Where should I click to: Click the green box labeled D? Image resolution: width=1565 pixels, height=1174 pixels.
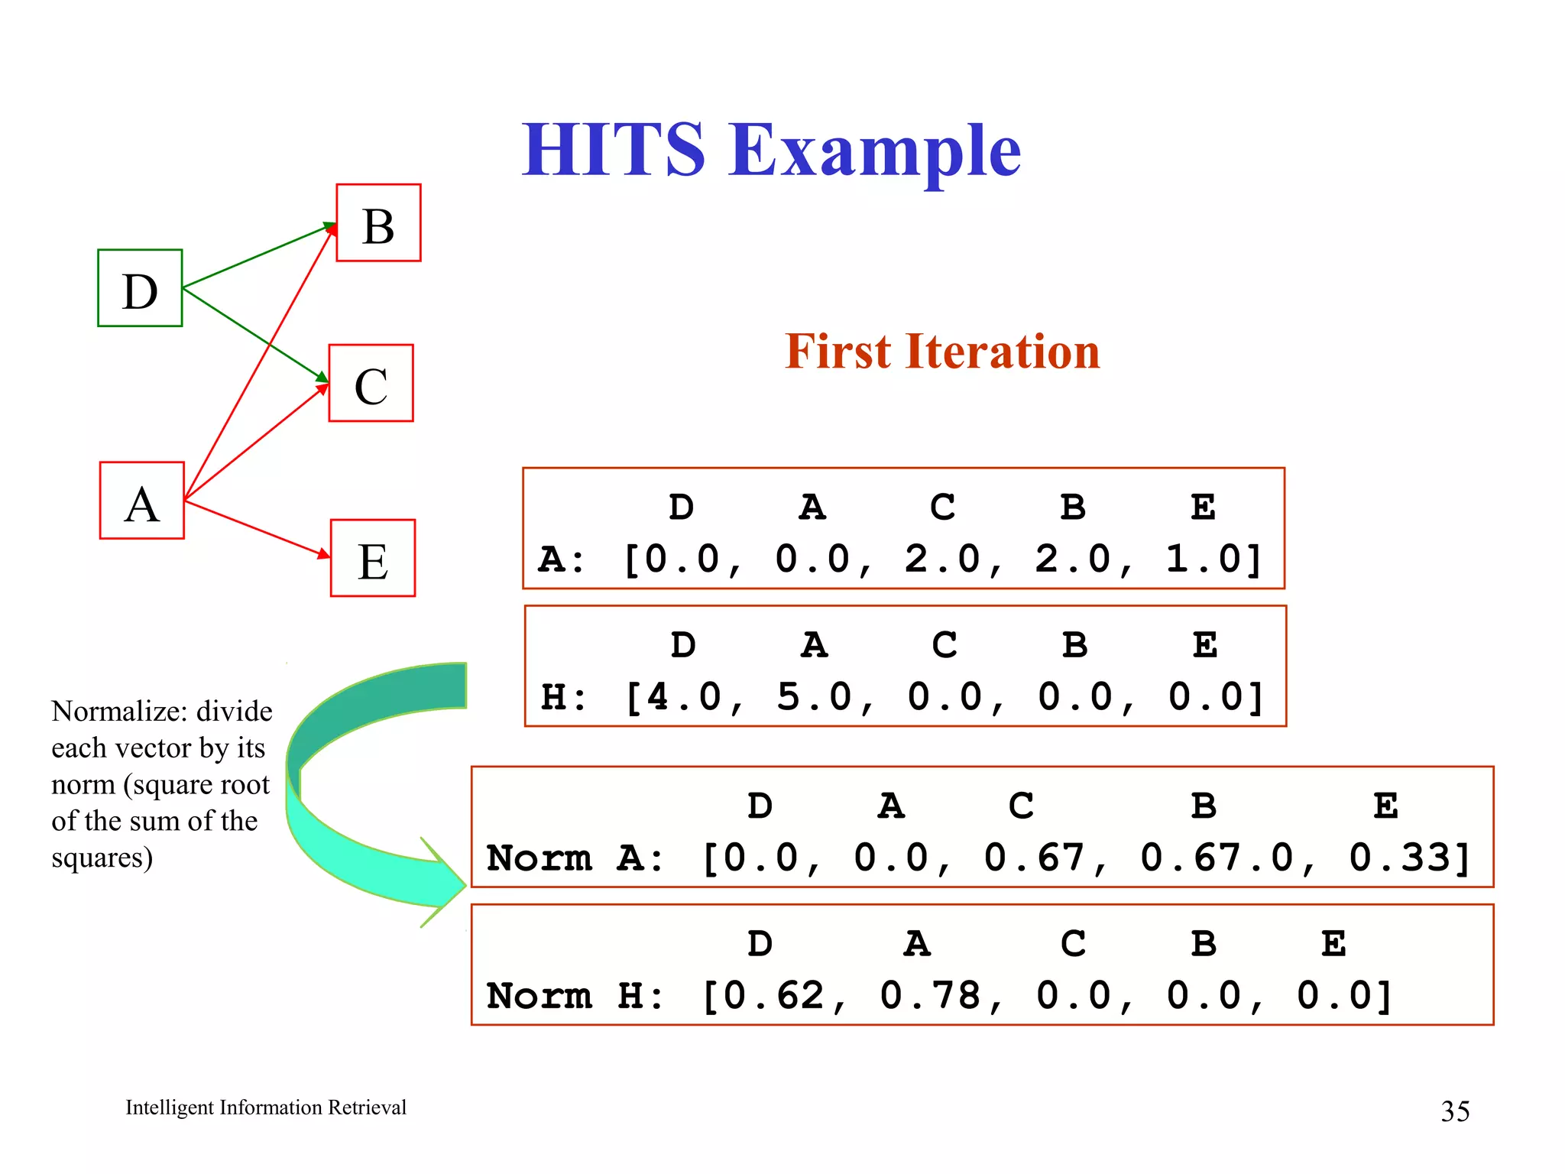click(x=140, y=288)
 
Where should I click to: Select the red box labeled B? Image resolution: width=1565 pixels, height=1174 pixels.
click(x=378, y=222)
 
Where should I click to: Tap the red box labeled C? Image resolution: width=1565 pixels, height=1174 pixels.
click(x=371, y=383)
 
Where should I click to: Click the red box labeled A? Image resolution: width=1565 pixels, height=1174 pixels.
click(x=142, y=501)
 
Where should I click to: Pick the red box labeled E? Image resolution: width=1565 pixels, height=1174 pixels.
click(x=373, y=558)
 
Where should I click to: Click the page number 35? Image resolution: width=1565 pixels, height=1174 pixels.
click(x=1454, y=1111)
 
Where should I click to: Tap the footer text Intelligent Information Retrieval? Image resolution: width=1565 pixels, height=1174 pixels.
click(x=266, y=1108)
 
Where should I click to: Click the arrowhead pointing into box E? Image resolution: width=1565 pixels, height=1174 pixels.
click(x=325, y=553)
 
